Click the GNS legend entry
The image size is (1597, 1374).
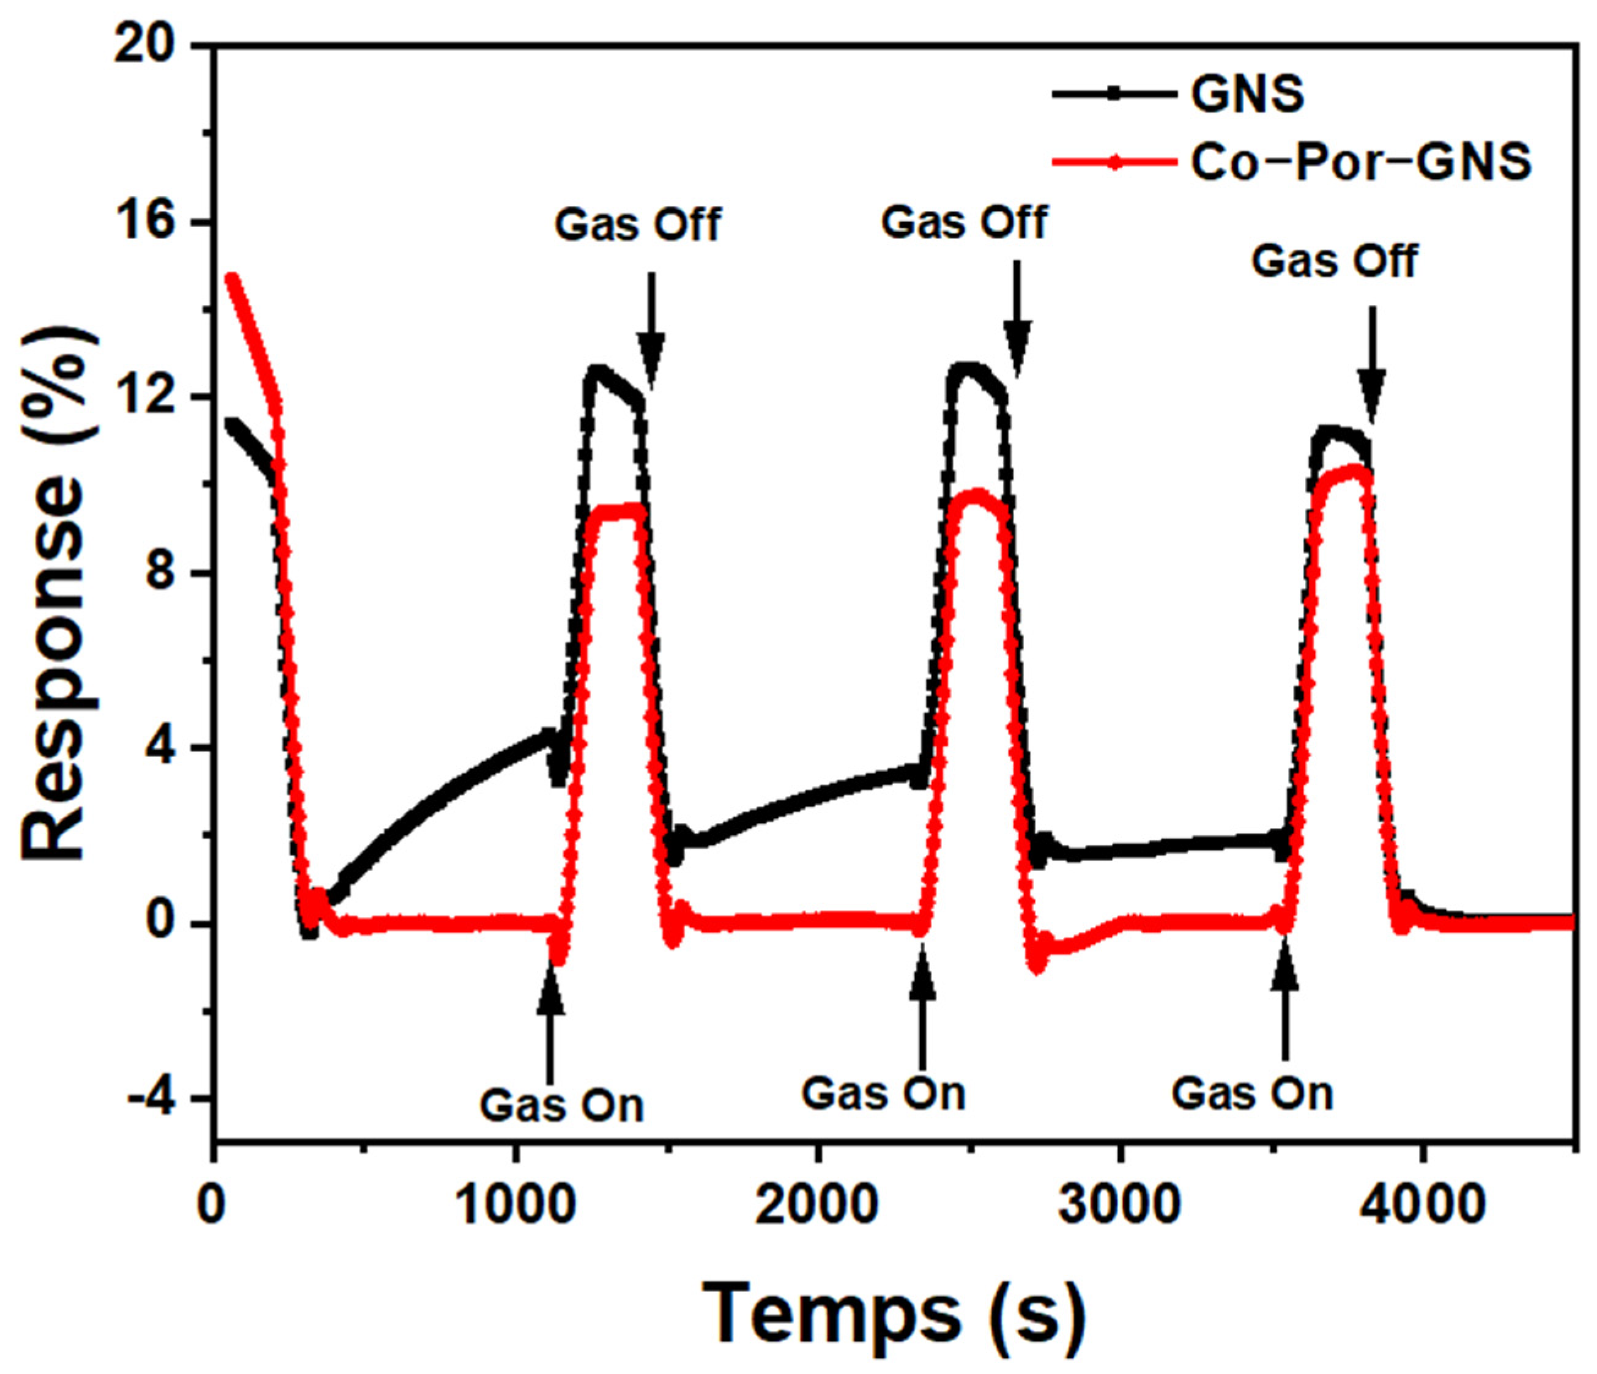[x=1247, y=94]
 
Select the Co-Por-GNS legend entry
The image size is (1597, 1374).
[x=1360, y=163]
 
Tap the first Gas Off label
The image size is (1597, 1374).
[x=637, y=225]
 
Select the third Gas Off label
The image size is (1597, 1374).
[x=1334, y=260]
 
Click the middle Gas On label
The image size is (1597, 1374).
[x=883, y=1093]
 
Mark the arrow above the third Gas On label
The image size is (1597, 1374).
[x=1284, y=1006]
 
